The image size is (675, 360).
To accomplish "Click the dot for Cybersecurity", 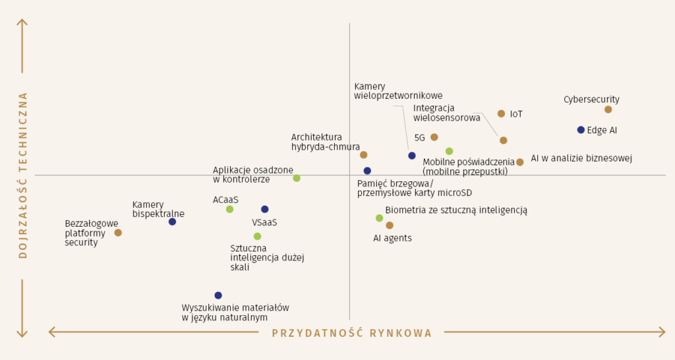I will pyautogui.click(x=608, y=109).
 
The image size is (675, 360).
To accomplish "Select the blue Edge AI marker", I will pyautogui.click(x=581, y=130).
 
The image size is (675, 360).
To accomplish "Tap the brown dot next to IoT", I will pyautogui.click(x=501, y=113).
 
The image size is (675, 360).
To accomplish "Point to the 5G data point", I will pyautogui.click(x=434, y=137).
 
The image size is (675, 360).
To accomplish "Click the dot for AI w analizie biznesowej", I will pyautogui.click(x=519, y=162).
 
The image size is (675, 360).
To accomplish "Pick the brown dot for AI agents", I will pyautogui.click(x=390, y=225).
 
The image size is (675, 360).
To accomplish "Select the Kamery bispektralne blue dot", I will pyautogui.click(x=172, y=222).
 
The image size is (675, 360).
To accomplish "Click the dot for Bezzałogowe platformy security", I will pyautogui.click(x=118, y=233).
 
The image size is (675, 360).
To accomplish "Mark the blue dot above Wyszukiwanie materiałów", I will pyautogui.click(x=218, y=295).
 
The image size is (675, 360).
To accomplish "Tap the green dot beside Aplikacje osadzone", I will pyautogui.click(x=297, y=178).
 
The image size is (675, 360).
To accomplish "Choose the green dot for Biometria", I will pyautogui.click(x=379, y=218).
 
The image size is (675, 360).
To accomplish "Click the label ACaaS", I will pyautogui.click(x=225, y=200).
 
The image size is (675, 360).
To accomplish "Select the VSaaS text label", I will pyautogui.click(x=264, y=223).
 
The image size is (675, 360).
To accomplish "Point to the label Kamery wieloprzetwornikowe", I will pyautogui.click(x=397, y=91).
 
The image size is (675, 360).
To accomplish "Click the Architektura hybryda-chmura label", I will pyautogui.click(x=326, y=142).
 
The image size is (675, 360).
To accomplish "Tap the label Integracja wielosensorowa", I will pyautogui.click(x=446, y=113).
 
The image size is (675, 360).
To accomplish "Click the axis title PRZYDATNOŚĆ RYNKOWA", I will pyautogui.click(x=352, y=333).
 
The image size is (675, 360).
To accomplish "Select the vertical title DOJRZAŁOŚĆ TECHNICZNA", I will pyautogui.click(x=23, y=175).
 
